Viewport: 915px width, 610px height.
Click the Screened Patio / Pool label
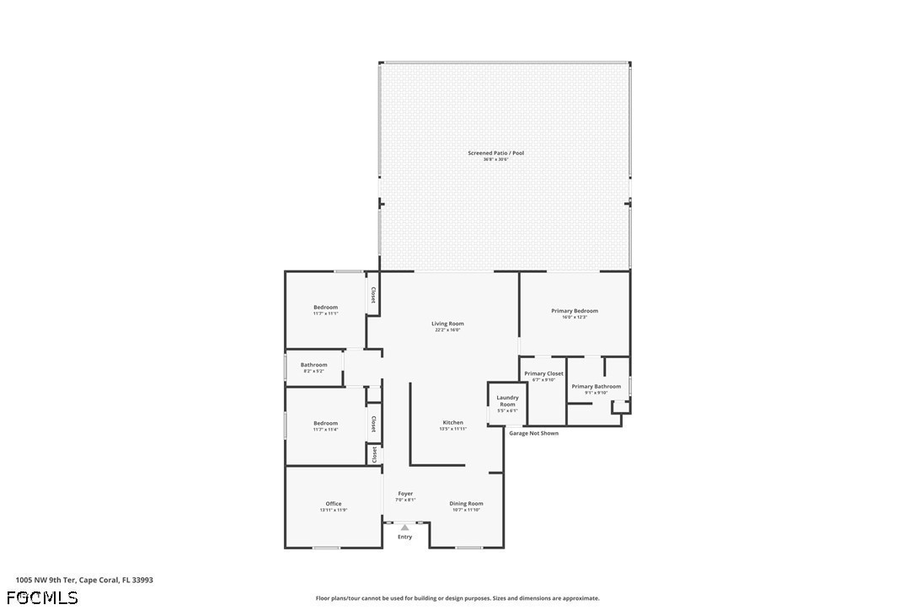pyautogui.click(x=495, y=153)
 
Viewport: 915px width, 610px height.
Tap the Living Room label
pyautogui.click(x=447, y=324)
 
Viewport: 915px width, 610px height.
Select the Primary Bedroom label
pyautogui.click(x=575, y=312)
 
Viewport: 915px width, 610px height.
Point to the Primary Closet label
pyautogui.click(x=543, y=374)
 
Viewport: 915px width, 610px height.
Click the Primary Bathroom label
pyautogui.click(x=596, y=388)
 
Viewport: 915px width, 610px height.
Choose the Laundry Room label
pyautogui.click(x=507, y=401)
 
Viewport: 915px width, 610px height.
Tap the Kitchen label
pyautogui.click(x=453, y=423)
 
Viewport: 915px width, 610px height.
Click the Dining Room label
pyautogui.click(x=466, y=505)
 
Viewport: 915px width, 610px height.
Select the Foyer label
pyautogui.click(x=405, y=495)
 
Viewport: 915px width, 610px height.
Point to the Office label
pyautogui.click(x=334, y=505)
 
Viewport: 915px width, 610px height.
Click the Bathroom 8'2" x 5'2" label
pyautogui.click(x=313, y=366)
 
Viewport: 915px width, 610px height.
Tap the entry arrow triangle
pyautogui.click(x=405, y=527)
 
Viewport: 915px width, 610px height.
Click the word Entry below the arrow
pyautogui.click(x=405, y=537)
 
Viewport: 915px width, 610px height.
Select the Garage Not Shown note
pyautogui.click(x=533, y=433)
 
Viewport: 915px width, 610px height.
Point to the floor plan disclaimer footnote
pyautogui.click(x=457, y=598)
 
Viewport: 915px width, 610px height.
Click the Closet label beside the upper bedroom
pyautogui.click(x=373, y=296)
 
